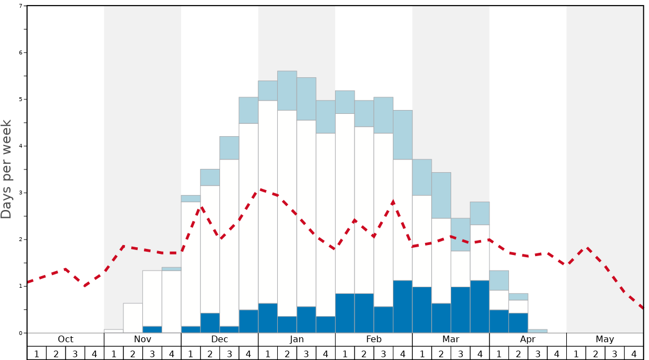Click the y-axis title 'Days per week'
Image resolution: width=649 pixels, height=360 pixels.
[7, 169]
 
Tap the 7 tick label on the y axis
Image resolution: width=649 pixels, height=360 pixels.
[21, 6]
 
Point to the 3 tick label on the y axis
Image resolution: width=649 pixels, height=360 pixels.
[21, 193]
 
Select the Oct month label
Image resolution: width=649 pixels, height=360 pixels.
[66, 339]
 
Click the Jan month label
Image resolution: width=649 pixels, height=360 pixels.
[297, 339]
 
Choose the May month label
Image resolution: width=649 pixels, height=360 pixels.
[605, 339]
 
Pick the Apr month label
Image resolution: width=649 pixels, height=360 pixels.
[528, 339]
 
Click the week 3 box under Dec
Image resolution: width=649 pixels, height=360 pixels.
[229, 353]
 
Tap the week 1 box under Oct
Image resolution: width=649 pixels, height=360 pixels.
[37, 353]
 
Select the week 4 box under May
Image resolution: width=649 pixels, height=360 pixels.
[634, 353]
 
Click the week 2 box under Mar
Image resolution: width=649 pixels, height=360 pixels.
[441, 353]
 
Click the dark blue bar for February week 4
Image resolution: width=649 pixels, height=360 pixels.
[403, 307]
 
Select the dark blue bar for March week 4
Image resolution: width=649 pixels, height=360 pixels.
[480, 307]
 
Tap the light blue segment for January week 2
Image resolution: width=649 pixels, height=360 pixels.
[287, 91]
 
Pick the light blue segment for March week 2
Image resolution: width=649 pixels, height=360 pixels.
[441, 195]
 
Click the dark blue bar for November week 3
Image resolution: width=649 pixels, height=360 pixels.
[152, 329]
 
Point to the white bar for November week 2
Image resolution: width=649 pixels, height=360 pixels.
[133, 318]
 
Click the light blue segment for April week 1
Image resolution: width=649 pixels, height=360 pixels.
[499, 281]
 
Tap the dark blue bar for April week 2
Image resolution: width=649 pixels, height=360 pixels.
[518, 323]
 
